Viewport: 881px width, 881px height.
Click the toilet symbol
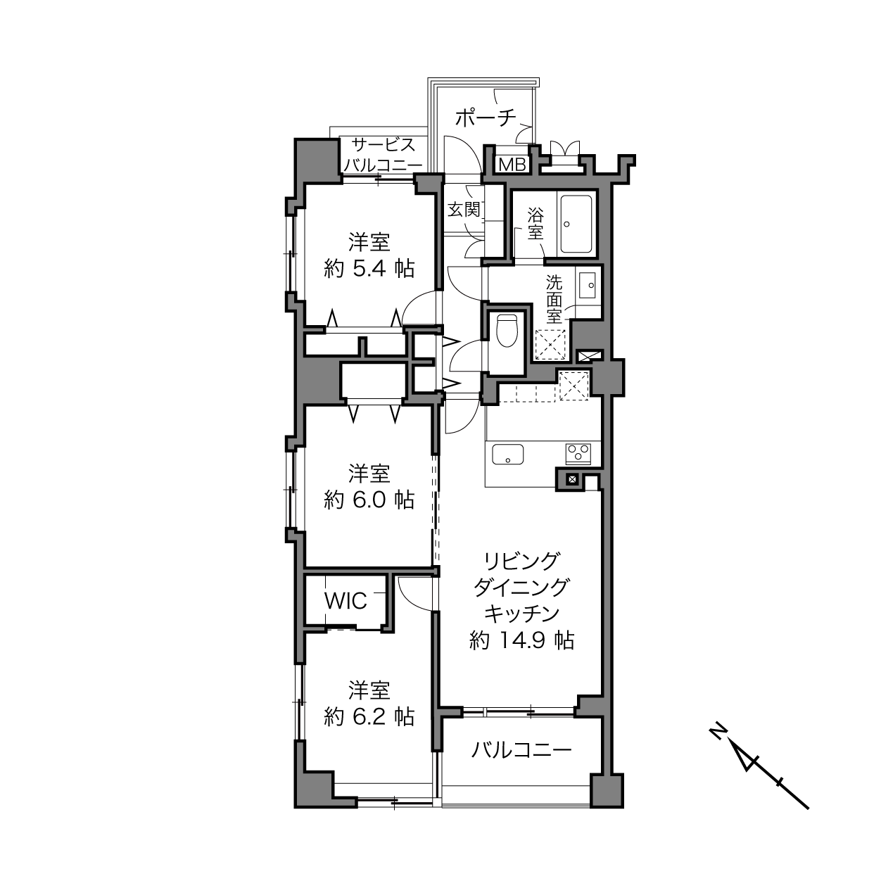coord(506,330)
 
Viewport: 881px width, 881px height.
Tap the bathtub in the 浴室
coord(576,224)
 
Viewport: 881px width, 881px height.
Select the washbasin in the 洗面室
coord(588,285)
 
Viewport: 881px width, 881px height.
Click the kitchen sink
coord(507,454)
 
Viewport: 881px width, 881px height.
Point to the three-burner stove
coord(578,454)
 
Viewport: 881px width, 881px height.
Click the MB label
coord(512,165)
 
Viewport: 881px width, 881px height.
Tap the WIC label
coord(346,601)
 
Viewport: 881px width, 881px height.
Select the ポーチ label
coord(486,118)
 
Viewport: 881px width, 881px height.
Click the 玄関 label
coord(464,210)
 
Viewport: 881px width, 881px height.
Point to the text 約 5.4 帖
coord(369,268)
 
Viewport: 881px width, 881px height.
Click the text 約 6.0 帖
coord(369,500)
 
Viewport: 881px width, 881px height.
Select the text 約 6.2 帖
coord(369,717)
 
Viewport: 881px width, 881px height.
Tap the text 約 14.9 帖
coord(521,640)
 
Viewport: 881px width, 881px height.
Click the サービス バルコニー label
coord(383,155)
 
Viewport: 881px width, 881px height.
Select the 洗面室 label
coord(554,300)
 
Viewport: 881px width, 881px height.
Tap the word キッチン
coord(521,614)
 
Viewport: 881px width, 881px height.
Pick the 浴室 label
coord(535,224)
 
